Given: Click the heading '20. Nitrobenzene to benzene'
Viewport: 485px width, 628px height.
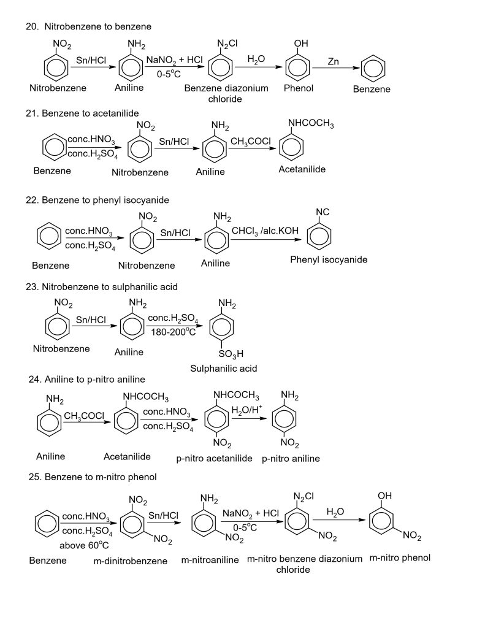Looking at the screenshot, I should pos(89,26).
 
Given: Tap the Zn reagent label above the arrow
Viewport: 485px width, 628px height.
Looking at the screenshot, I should pos(334,61).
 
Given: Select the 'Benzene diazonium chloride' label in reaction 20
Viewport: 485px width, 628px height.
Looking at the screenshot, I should pos(226,93).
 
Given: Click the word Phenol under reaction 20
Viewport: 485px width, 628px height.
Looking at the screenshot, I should pos(299,88).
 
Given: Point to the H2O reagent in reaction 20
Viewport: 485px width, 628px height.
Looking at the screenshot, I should pos(256,59).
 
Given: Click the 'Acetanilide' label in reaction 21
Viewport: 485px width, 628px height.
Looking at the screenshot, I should pos(302,169).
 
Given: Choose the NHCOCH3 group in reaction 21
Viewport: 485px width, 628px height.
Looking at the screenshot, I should pos(311,125).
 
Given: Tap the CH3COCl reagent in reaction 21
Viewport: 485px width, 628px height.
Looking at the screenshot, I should pos(251,142).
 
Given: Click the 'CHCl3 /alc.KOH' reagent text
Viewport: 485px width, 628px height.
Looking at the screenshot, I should pos(265,230).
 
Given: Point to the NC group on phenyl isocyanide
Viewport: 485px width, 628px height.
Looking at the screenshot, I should pos(323,212).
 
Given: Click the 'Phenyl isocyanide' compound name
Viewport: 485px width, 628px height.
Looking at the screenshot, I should pos(329,259).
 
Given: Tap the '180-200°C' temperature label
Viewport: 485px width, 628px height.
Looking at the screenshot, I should pos(174,332).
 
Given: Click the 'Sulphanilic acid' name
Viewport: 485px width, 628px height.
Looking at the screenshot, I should pos(223,369).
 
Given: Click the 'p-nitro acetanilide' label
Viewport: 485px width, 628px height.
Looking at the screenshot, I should pos(215,458).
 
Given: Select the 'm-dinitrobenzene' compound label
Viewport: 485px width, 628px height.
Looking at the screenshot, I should pos(131,561).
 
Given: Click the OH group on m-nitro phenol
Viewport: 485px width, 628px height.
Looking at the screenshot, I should pos(384,495).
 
